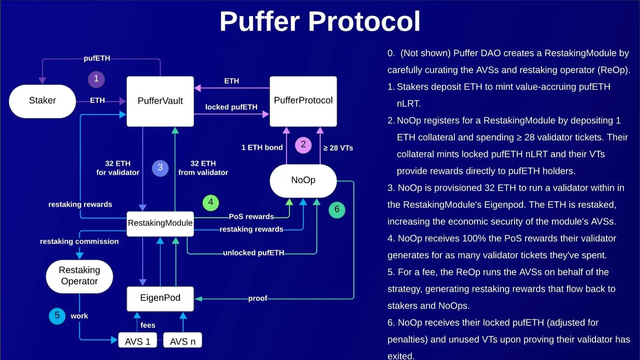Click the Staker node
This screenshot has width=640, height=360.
click(x=42, y=101)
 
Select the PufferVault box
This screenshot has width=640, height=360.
click(x=160, y=101)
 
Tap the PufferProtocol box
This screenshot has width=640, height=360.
click(x=303, y=101)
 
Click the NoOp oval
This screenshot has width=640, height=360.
click(x=303, y=180)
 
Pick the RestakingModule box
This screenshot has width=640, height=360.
click(x=160, y=223)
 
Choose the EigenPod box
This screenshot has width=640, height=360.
click(x=160, y=298)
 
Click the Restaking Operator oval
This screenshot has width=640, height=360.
click(x=79, y=276)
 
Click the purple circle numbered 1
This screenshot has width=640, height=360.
click(x=96, y=79)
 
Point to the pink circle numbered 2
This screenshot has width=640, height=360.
click(x=303, y=145)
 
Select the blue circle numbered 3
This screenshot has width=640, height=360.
click(x=160, y=168)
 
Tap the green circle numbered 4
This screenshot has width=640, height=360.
click(x=211, y=202)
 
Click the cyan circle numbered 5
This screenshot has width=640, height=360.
click(x=57, y=315)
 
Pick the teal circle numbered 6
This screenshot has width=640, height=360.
click(x=337, y=210)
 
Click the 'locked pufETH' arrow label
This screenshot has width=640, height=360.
click(x=231, y=107)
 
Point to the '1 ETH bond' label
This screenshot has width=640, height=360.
click(x=262, y=148)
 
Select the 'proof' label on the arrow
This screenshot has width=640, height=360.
click(x=258, y=298)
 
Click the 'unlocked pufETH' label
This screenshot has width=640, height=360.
click(x=253, y=253)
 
